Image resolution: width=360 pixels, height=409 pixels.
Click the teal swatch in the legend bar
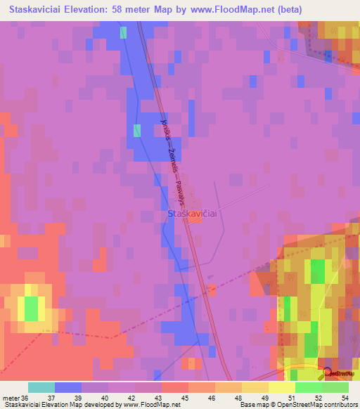click(41, 387)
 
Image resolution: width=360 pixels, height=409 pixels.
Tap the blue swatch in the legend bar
click(68, 387)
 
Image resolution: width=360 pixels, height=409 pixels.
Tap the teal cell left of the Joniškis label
click(137, 130)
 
